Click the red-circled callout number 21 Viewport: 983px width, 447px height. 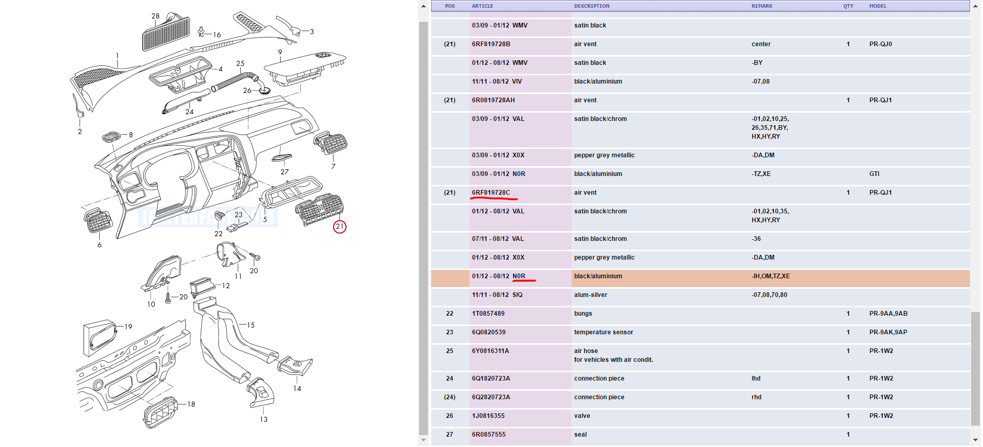339,227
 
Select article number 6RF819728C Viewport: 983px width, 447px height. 491,193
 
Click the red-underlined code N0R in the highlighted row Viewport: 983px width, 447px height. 519,276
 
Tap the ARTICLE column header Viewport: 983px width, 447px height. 482,6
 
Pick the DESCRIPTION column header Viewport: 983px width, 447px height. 591,6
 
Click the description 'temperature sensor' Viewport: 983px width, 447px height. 603,332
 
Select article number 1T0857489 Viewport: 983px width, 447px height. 488,314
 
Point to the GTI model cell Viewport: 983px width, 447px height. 874,174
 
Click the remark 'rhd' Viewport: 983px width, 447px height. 756,397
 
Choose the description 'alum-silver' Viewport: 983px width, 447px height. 590,295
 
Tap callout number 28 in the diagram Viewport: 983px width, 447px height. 156,16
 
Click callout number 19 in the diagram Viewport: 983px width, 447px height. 128,327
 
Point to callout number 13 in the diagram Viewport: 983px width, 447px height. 264,419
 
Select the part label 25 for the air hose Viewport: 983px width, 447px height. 240,63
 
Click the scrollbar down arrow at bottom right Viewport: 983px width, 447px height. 975,440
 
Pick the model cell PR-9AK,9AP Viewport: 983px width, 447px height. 888,332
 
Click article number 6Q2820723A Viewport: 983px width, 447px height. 491,397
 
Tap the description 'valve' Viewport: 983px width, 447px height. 582,416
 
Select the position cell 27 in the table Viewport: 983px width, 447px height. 449,435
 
